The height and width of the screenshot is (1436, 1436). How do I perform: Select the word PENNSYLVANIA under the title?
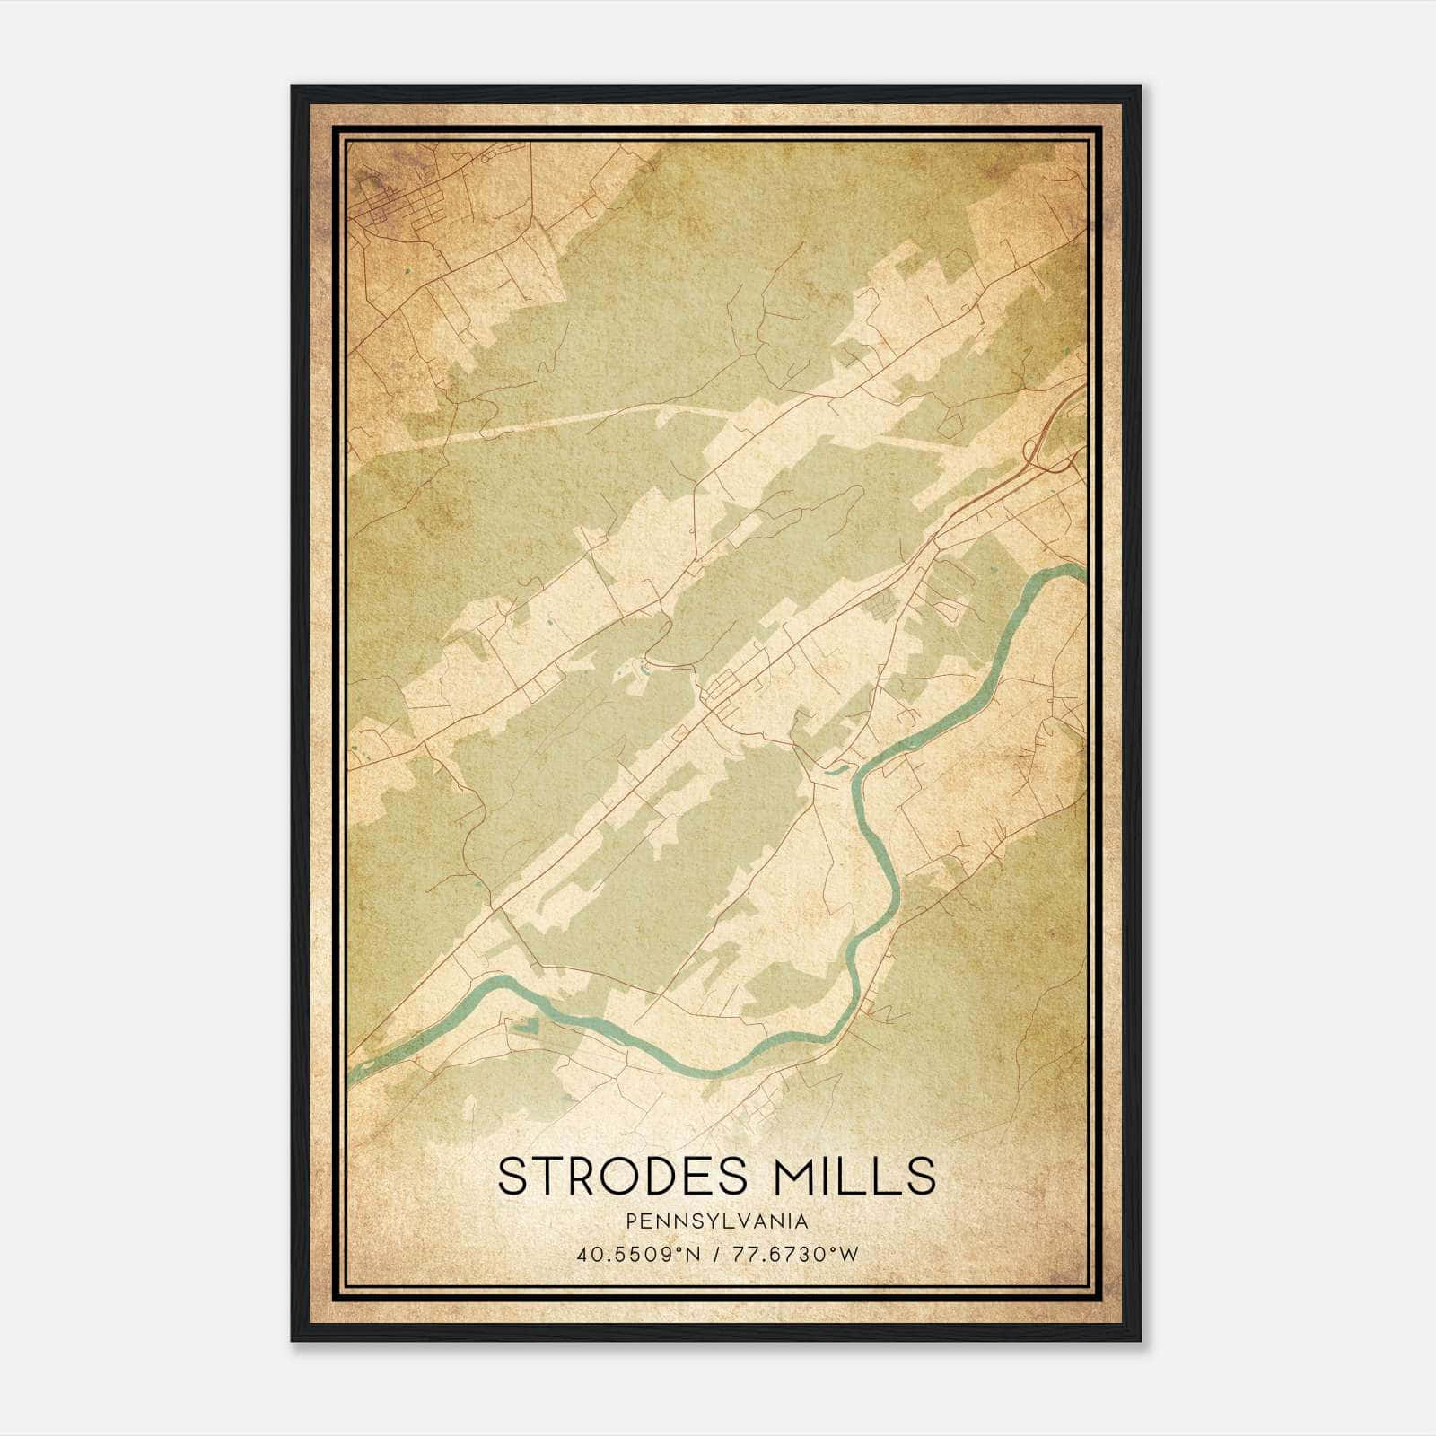coord(717,1221)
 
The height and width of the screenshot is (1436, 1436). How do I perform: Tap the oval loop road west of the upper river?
coord(948,611)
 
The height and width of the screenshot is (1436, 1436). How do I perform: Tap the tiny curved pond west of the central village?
coord(645,667)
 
